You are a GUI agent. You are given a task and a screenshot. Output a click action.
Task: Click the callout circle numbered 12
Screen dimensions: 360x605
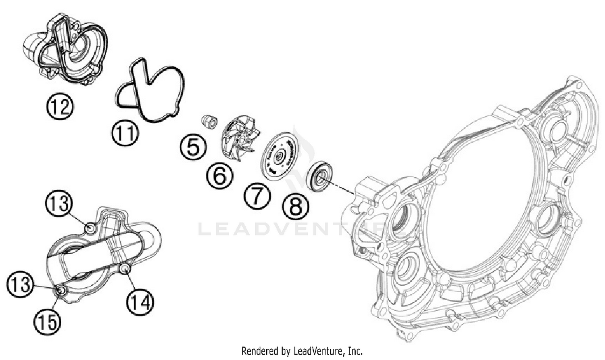pos(60,107)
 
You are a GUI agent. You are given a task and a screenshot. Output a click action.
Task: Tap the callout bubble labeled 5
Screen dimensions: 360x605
pos(193,147)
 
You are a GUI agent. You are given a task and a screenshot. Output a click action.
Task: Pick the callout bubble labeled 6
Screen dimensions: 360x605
pos(220,176)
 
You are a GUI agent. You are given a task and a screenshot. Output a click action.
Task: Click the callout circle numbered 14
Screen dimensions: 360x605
pos(140,302)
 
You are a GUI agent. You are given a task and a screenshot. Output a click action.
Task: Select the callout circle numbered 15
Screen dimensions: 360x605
pos(47,322)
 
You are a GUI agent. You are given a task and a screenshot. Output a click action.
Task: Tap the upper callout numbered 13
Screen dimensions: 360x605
pos(59,204)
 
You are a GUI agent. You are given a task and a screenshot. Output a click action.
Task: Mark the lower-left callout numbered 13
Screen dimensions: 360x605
pos(20,285)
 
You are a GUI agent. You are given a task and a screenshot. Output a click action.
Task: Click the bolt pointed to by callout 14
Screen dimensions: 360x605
pos(125,269)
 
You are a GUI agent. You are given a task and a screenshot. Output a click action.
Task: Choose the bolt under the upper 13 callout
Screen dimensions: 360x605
pos(90,228)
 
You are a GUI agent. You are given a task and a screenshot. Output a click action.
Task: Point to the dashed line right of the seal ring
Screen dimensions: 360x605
pos(343,189)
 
